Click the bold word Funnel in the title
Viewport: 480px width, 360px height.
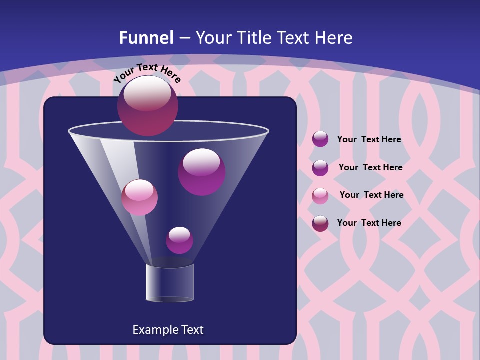146,38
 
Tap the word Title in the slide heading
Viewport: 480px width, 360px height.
253,38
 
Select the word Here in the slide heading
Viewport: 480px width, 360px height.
334,38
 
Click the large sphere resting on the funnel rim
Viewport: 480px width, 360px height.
147,105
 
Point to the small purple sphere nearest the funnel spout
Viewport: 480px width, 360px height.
179,240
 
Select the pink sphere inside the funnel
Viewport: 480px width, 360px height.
139,197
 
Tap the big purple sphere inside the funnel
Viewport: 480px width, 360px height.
201,172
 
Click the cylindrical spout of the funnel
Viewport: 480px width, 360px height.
170,283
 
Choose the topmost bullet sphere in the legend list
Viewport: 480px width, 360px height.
320,139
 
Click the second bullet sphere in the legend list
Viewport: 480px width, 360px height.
320,168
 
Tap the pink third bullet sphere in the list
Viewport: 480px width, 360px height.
320,196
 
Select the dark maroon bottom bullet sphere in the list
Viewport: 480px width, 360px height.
320,223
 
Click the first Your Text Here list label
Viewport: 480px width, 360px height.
369,139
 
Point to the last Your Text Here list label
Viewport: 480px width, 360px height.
369,223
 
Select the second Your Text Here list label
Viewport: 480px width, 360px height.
370,167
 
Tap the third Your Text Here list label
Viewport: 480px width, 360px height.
371,195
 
